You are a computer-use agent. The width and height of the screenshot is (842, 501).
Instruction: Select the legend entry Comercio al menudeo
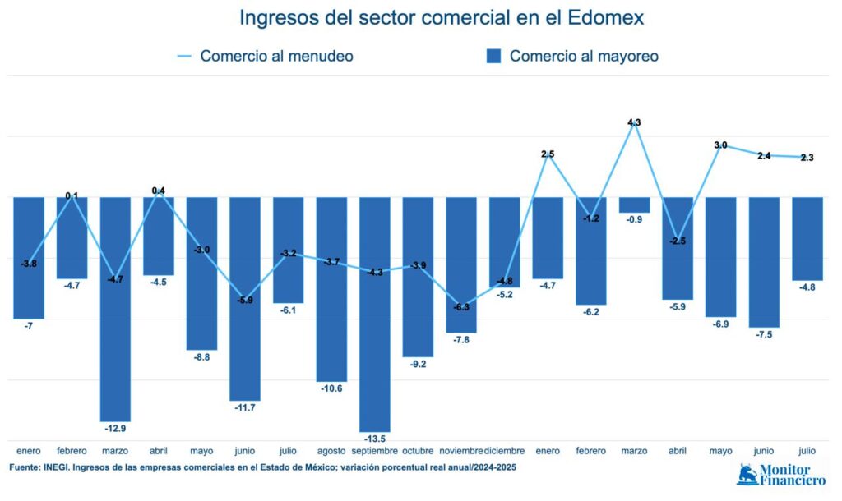pyautogui.click(x=265, y=56)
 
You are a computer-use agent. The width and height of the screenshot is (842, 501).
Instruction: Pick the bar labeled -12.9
pyautogui.click(x=115, y=309)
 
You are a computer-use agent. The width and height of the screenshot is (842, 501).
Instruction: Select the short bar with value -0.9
pyautogui.click(x=634, y=205)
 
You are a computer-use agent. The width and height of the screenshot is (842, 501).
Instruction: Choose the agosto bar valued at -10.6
pyautogui.click(x=331, y=289)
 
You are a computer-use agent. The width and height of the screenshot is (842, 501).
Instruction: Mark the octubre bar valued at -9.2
pyautogui.click(x=418, y=277)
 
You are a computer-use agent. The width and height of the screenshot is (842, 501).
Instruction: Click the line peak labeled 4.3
pyautogui.click(x=634, y=123)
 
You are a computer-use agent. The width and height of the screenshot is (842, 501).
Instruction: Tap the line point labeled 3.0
pyautogui.click(x=720, y=145)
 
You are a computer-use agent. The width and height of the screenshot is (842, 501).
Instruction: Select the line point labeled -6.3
pyautogui.click(x=461, y=306)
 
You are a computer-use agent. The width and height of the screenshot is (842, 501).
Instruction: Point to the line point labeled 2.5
pyautogui.click(x=548, y=154)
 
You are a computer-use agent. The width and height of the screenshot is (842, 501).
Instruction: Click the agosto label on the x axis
pyautogui.click(x=331, y=451)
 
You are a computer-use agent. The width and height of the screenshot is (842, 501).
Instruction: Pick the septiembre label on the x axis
pyautogui.click(x=374, y=451)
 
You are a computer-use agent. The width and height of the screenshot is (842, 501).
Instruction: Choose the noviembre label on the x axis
pyautogui.click(x=460, y=451)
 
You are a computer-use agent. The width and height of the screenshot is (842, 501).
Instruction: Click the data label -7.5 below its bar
pyautogui.click(x=763, y=335)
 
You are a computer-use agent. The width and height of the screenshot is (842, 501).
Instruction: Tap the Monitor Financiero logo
pyautogui.click(x=781, y=475)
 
